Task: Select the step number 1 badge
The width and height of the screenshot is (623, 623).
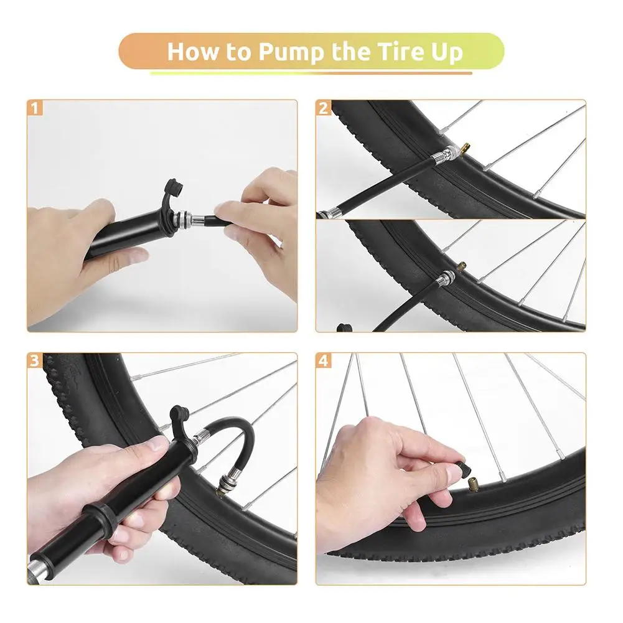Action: pyautogui.click(x=35, y=108)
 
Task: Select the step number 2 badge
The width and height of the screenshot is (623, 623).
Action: pyautogui.click(x=324, y=108)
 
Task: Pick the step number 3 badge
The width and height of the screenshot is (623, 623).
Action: pyautogui.click(x=35, y=360)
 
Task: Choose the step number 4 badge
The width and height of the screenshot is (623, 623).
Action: pyautogui.click(x=324, y=360)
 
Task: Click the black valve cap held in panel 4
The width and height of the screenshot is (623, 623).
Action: pyautogui.click(x=464, y=468)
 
